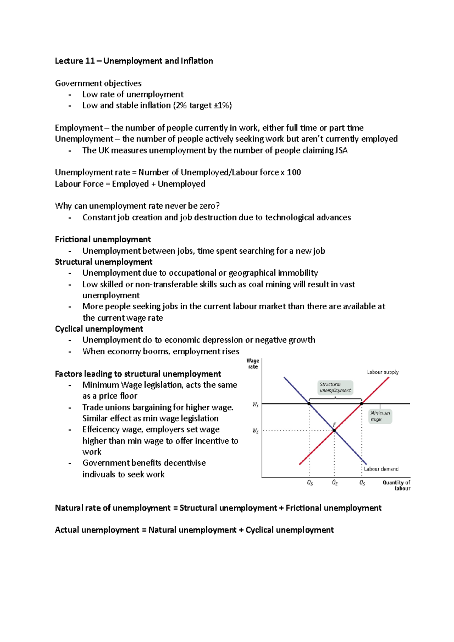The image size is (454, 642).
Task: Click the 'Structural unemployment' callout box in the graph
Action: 335,388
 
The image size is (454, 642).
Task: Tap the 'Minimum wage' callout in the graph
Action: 380,416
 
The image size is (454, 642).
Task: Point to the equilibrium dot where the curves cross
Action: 334,430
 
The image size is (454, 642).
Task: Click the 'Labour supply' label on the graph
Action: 382,372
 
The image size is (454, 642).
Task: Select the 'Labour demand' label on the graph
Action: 381,469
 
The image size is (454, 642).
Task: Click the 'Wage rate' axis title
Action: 253,364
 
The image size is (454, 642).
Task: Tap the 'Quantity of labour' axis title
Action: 396,485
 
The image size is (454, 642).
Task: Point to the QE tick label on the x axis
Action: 335,483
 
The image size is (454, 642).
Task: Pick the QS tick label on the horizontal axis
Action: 362,483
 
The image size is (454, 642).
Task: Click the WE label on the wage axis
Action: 255,431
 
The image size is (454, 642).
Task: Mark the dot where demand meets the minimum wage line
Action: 309,404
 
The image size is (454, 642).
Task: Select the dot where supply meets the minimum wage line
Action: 362,404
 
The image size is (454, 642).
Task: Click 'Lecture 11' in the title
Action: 75,61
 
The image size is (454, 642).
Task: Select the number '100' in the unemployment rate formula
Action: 294,172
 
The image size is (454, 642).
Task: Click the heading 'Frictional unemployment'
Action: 103,239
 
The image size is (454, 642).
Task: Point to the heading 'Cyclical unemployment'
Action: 99,329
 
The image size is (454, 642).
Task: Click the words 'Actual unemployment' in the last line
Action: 97,530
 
